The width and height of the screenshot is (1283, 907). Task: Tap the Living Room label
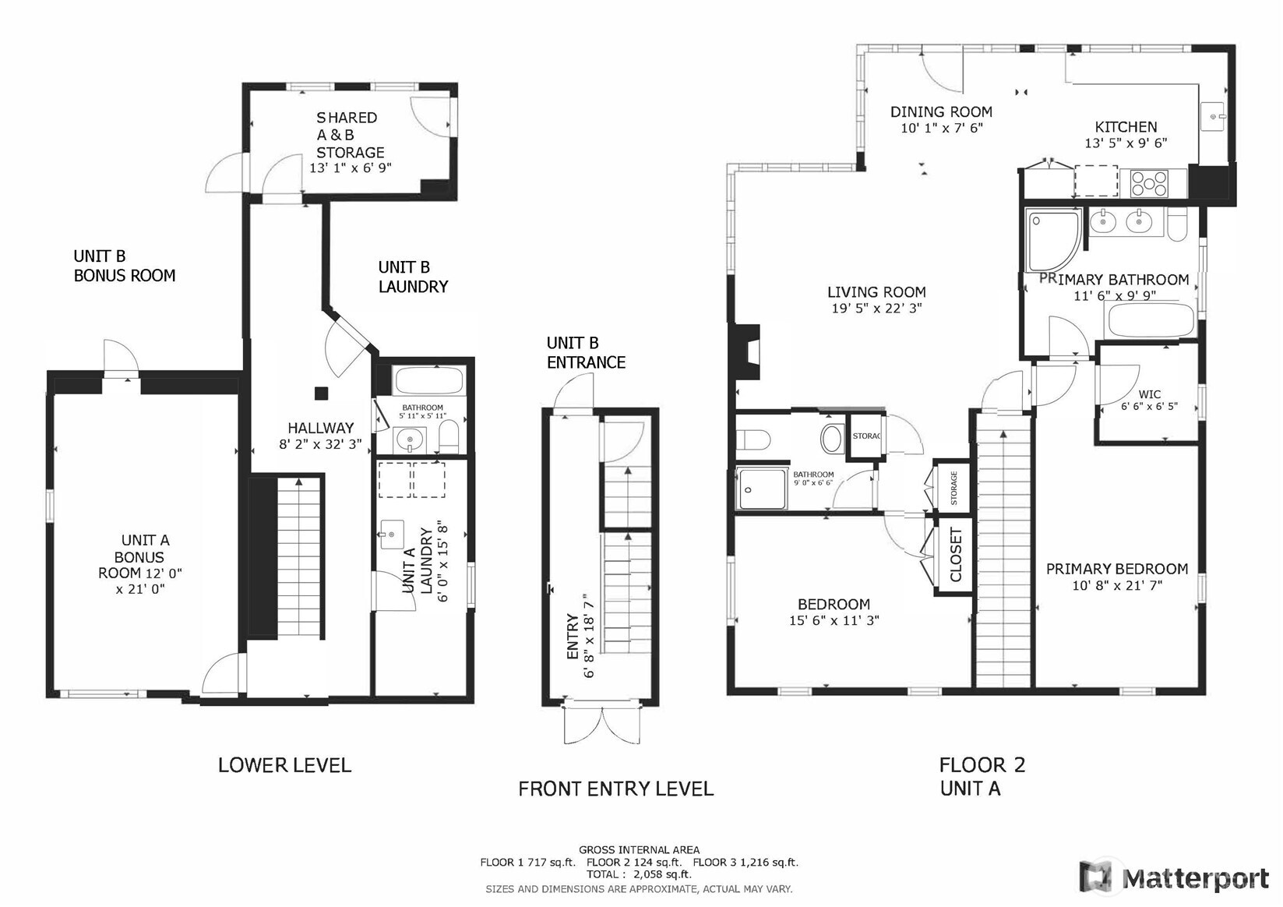pyautogui.click(x=876, y=292)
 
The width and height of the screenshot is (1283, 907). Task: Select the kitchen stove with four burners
pyautogui.click(x=1150, y=183)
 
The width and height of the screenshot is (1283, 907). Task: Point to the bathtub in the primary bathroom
pyautogui.click(x=1150, y=320)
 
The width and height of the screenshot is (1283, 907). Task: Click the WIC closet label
pyautogui.click(x=1149, y=394)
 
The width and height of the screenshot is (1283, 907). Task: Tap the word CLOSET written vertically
pyautogui.click(x=956, y=555)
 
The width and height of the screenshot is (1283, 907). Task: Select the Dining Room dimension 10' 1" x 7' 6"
pyautogui.click(x=942, y=128)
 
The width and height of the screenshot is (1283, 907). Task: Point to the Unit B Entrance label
pyautogui.click(x=585, y=352)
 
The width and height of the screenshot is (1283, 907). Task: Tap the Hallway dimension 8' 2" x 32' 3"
pyautogui.click(x=320, y=445)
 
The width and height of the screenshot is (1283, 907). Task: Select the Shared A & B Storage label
pyautogui.click(x=350, y=135)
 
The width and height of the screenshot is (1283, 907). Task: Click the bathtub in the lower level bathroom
pyautogui.click(x=428, y=381)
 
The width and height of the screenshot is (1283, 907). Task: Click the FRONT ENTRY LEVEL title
pyautogui.click(x=615, y=789)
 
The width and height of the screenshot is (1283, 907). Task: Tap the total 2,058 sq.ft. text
pyautogui.click(x=639, y=874)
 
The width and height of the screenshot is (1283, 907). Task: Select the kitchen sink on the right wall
pyautogui.click(x=1214, y=118)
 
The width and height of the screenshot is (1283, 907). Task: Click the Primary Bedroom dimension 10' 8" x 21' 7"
pyautogui.click(x=1117, y=585)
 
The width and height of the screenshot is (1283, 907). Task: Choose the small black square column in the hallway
pyautogui.click(x=321, y=393)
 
